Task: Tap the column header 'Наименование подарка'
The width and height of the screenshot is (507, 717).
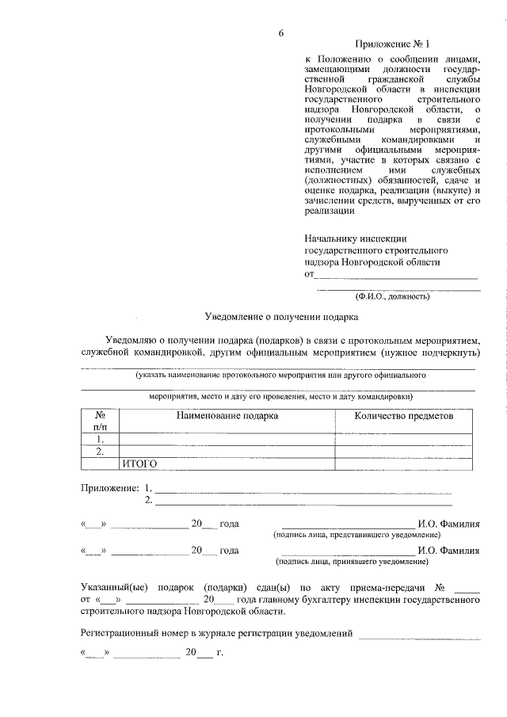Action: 227,415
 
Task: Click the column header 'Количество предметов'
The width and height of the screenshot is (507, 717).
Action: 404,415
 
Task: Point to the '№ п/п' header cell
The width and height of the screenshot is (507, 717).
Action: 100,421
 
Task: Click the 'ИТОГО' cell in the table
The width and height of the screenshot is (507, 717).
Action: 139,464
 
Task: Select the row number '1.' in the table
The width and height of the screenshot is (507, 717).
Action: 100,438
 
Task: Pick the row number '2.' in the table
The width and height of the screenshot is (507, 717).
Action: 100,452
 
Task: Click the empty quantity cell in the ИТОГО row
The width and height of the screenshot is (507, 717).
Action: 404,464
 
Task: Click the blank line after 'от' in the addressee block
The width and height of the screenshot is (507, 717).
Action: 396,277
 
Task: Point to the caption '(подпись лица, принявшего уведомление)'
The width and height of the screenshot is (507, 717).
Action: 352,561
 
